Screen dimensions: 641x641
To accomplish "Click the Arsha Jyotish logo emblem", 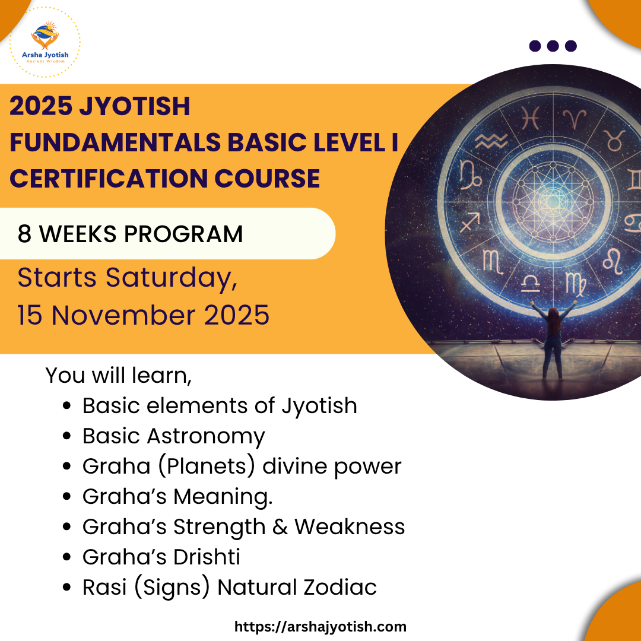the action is point(45,35).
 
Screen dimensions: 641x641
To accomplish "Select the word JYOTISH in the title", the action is point(135,106).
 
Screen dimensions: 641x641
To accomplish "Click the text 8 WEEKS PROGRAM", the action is point(130,234).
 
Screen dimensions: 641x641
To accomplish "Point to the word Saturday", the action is point(172,278).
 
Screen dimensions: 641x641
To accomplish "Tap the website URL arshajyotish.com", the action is point(320,627).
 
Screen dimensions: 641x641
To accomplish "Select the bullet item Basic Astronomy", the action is point(174,436).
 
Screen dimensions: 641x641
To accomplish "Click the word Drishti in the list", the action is point(207,557).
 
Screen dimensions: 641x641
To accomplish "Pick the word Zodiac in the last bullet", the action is point(339,587).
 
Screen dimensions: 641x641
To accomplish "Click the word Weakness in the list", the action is point(350,526).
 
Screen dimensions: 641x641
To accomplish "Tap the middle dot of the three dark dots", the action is point(553,46).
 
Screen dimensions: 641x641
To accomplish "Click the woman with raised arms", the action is point(553,339).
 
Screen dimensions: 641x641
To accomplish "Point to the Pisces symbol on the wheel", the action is point(530,118).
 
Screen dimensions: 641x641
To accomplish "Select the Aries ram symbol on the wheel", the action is point(575,119).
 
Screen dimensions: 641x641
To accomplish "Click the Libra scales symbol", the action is point(531,283).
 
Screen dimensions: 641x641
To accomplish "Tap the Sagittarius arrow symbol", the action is point(470,223).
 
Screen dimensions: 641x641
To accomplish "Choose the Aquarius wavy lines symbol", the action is point(491,141).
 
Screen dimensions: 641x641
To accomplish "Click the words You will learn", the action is point(118,375).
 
